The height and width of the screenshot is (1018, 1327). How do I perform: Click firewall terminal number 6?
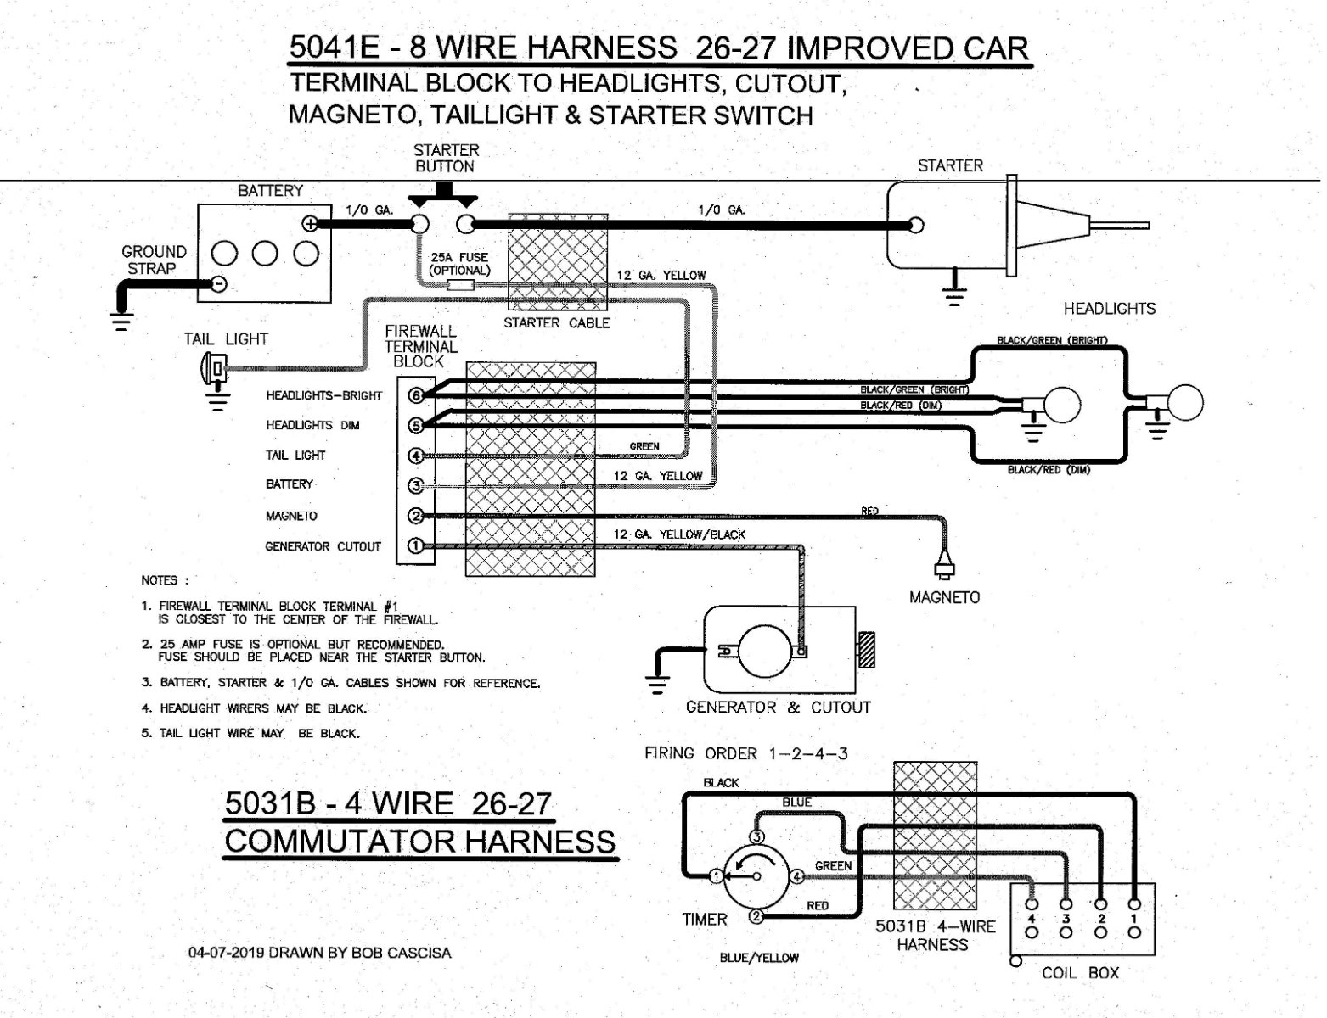click(416, 395)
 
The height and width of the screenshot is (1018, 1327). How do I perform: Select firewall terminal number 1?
click(416, 546)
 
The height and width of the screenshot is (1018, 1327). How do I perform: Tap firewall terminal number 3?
click(416, 486)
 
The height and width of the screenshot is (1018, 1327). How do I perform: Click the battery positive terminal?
click(311, 224)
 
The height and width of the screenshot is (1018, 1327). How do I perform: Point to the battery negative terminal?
click(219, 284)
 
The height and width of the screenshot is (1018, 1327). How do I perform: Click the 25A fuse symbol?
click(459, 285)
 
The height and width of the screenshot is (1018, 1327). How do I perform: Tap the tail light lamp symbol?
click(210, 368)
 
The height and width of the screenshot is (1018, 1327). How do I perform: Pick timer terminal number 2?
click(756, 916)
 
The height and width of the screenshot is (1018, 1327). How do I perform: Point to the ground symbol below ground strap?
click(122, 320)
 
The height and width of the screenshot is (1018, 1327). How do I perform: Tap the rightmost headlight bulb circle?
click(1185, 402)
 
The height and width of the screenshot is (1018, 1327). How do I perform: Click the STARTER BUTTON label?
click(446, 159)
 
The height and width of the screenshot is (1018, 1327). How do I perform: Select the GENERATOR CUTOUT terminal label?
click(323, 547)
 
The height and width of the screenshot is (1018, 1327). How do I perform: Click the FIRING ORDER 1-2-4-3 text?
click(745, 753)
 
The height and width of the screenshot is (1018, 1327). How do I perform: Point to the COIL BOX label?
click(1080, 973)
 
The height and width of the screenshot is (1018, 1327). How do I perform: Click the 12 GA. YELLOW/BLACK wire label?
click(679, 534)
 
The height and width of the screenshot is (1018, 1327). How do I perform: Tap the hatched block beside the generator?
click(867, 654)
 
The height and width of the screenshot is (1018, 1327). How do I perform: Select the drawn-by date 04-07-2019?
click(224, 953)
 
